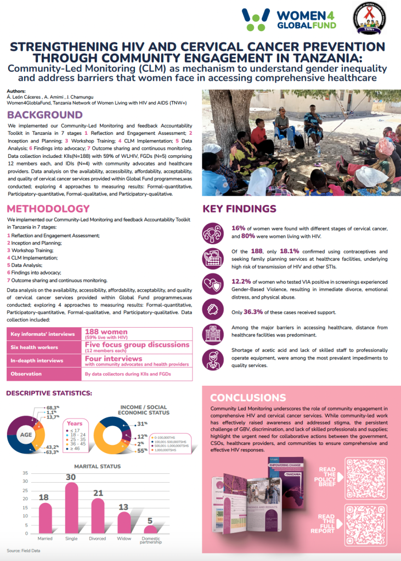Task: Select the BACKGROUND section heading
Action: coord(45,115)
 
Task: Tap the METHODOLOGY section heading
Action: coord(48,209)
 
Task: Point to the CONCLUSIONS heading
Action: coord(247,397)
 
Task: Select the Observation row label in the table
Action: coord(26,374)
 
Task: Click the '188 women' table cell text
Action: coord(106,332)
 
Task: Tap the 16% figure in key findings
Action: coord(238,228)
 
